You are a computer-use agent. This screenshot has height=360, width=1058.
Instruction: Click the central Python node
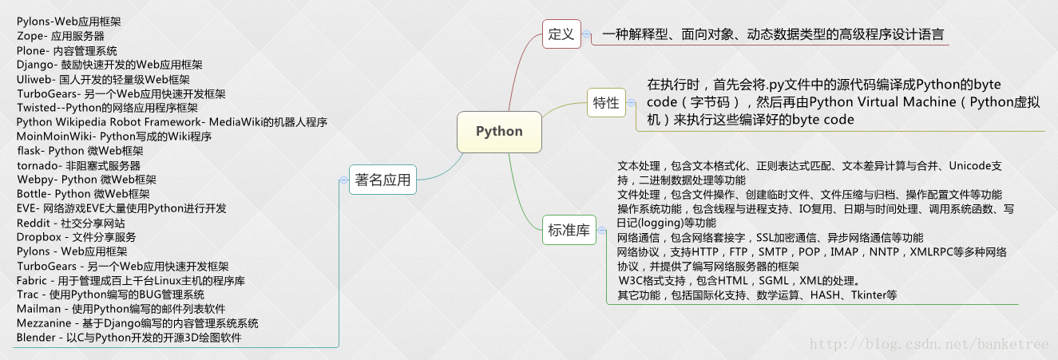tap(499, 132)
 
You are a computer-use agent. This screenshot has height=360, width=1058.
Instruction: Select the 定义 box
tap(561, 34)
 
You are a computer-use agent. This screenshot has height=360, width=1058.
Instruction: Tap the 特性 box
tap(606, 102)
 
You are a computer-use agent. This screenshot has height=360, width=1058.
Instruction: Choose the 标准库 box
tap(569, 230)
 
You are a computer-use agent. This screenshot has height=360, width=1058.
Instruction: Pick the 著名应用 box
tap(382, 180)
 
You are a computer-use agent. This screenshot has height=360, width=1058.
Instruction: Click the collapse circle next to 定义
tap(587, 34)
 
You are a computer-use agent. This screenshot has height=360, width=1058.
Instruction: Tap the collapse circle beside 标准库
tap(602, 230)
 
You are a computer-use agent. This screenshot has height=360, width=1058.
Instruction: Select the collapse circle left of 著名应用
tap(343, 180)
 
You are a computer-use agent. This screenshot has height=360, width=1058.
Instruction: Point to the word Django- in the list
tap(35, 65)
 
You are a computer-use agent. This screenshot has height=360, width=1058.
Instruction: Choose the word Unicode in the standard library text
tap(969, 166)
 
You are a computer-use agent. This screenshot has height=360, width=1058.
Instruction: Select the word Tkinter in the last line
tap(868, 295)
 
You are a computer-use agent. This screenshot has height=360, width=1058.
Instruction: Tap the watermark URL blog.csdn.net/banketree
tap(929, 344)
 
